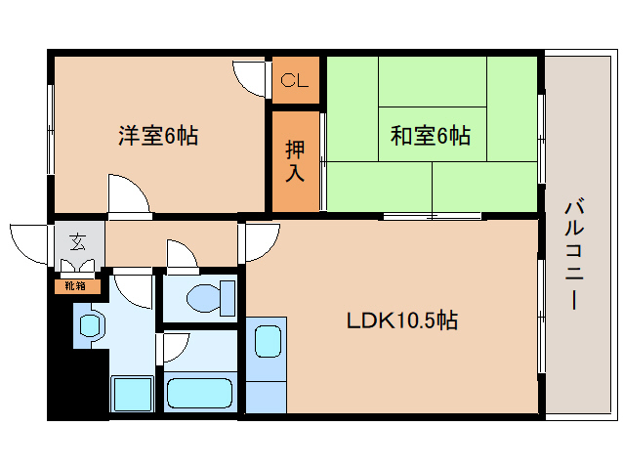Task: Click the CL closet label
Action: (x=295, y=80)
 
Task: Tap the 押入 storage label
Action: (x=295, y=161)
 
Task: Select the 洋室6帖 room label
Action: (x=158, y=136)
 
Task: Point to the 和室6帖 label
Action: (x=431, y=136)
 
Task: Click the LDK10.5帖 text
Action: (x=402, y=320)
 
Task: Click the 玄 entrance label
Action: (x=77, y=242)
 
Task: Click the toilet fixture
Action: (x=211, y=298)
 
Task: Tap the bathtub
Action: (x=199, y=393)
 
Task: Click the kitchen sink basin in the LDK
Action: (x=269, y=341)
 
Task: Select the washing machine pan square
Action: (x=132, y=395)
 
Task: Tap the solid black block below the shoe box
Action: (x=78, y=377)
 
